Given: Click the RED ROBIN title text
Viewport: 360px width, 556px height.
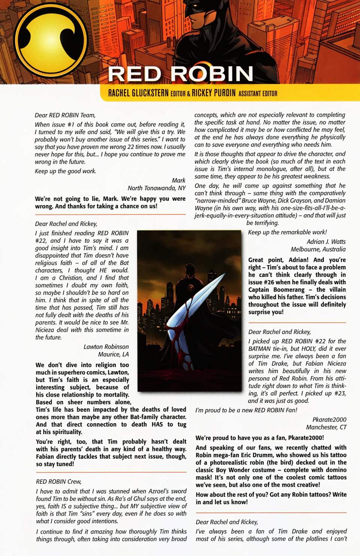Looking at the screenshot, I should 180,73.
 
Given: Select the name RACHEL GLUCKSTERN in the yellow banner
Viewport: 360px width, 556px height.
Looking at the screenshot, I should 138,93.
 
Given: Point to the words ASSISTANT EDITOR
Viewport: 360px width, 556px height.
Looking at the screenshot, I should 258,94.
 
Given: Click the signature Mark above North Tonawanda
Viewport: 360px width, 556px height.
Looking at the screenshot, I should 178,180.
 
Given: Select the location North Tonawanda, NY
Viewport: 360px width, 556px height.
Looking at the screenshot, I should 156,188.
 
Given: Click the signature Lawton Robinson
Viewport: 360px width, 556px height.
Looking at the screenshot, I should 106,347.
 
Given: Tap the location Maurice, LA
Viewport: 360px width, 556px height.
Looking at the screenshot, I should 113,354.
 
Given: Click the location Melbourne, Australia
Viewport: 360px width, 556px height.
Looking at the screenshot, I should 318,249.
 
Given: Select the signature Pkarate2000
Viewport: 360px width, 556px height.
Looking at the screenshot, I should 329,420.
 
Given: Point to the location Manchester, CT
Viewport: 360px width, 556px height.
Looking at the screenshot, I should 326,427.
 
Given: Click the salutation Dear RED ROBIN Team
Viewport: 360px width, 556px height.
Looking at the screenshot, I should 65,115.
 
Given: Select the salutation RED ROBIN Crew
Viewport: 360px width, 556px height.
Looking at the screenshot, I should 58,481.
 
